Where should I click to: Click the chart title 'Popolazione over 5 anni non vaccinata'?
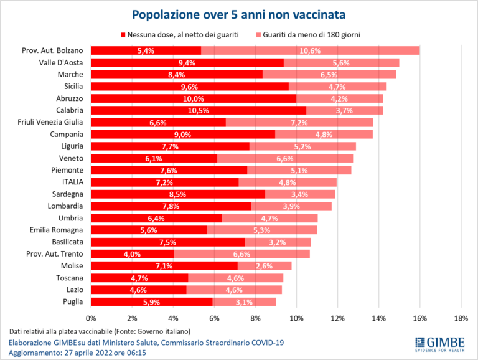(x=239, y=13)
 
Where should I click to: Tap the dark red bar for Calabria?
(x=199, y=110)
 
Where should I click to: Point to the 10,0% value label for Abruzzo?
(x=194, y=98)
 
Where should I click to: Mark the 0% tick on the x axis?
(x=91, y=319)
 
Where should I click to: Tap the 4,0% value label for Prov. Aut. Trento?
(x=132, y=253)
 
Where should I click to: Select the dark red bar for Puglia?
(x=152, y=301)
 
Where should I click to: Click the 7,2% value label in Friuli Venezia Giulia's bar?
(x=299, y=123)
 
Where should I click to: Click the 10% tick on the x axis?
(x=297, y=319)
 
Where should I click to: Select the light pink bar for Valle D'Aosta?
(x=341, y=62)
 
